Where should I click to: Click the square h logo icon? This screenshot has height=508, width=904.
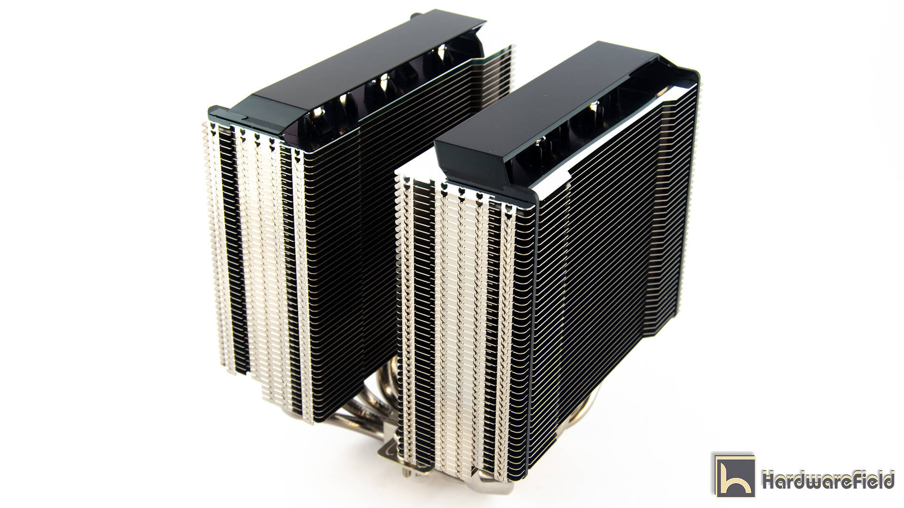tap(734, 475)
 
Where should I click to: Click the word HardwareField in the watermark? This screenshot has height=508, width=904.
tap(828, 480)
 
